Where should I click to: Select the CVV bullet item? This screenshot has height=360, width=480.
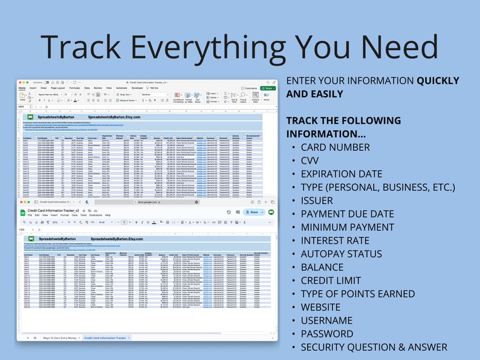[314, 161]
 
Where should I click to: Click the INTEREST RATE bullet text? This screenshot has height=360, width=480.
[343, 240]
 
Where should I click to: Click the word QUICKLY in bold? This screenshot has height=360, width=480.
[438, 81]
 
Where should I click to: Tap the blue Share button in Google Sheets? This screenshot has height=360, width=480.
[252, 212]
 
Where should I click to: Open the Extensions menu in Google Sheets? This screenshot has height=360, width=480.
[96, 214]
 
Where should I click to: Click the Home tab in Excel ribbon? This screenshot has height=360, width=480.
[22, 88]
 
